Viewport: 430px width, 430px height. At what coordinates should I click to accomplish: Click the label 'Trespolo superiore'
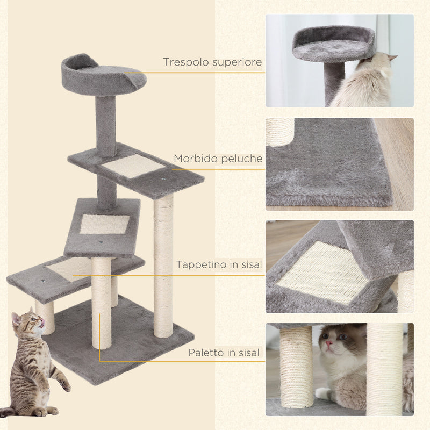pyautogui.click(x=212, y=63)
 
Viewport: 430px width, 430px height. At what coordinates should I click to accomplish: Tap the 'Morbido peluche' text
pyautogui.click(x=218, y=159)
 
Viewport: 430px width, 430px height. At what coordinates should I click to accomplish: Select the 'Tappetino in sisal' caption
pyautogui.click(x=219, y=264)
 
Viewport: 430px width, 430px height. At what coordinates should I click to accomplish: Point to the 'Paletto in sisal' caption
pyautogui.click(x=224, y=353)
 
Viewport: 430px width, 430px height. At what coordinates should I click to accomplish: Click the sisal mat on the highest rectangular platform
pyautogui.click(x=133, y=166)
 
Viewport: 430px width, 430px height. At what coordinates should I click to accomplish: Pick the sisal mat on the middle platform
pyautogui.click(x=105, y=224)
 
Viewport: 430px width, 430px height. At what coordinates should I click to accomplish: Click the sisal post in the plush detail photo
pyautogui.click(x=280, y=131)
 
